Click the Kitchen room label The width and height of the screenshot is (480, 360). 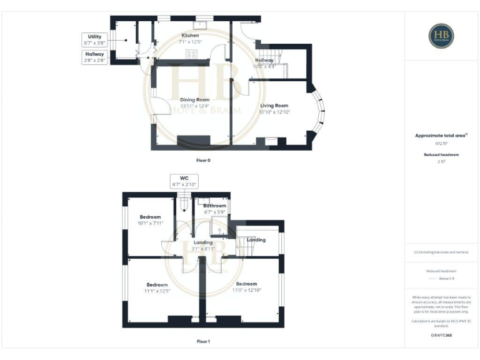pyautogui.click(x=190, y=36)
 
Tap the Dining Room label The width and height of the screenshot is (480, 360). pyautogui.click(x=194, y=99)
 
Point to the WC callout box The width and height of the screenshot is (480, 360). pyautogui.click(x=184, y=181)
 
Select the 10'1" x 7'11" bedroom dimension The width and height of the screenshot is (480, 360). pyautogui.click(x=150, y=223)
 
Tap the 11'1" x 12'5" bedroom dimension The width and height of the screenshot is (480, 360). pyautogui.click(x=157, y=291)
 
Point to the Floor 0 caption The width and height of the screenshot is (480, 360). pyautogui.click(x=203, y=161)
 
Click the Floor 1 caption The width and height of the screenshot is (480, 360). pyautogui.click(x=203, y=342)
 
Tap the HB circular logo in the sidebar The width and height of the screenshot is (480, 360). pyautogui.click(x=441, y=36)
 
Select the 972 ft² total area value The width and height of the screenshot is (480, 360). pyautogui.click(x=442, y=143)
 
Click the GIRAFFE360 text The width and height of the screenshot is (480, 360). pyautogui.click(x=442, y=336)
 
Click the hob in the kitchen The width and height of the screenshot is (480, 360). pyautogui.click(x=189, y=54)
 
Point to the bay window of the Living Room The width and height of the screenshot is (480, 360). pyautogui.click(x=322, y=112)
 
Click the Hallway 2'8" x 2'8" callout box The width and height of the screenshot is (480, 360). pyautogui.click(x=95, y=57)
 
